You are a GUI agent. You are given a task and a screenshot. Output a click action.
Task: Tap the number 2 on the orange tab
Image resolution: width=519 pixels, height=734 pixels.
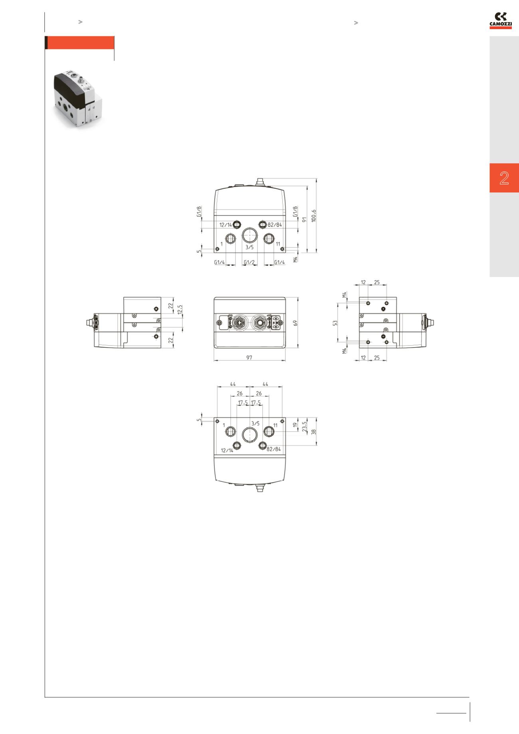tap(504, 178)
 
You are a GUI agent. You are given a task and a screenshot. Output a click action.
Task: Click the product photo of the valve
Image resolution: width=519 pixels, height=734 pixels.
tap(76, 99)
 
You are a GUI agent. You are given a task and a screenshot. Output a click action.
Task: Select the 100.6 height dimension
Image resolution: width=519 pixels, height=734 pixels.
tap(314, 216)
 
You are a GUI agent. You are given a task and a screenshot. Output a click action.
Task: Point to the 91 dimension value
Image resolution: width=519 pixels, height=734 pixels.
tap(304, 219)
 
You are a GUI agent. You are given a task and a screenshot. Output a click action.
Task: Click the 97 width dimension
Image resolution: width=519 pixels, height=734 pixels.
tap(249, 358)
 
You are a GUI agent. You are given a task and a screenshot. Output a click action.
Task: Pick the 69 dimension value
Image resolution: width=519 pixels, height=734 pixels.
tap(296, 322)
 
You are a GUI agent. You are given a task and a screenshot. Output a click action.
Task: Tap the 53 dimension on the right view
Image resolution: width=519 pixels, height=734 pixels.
tap(335, 322)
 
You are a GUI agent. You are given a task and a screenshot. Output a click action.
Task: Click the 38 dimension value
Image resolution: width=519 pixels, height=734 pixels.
tap(314, 431)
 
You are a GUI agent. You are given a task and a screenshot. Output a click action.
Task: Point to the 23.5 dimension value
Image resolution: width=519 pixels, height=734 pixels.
tap(304, 427)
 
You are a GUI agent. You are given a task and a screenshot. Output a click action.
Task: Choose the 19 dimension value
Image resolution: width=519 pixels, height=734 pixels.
tap(296, 425)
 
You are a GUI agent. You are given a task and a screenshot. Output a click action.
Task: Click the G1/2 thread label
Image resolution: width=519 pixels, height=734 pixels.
tap(249, 262)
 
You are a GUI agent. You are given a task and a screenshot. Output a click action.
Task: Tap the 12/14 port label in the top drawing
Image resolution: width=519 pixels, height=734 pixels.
tap(226, 225)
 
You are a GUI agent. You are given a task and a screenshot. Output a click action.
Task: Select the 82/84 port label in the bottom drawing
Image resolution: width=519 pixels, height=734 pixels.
tap(273, 449)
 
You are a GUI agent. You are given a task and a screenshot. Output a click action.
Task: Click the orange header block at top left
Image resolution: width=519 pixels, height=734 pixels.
tap(80, 43)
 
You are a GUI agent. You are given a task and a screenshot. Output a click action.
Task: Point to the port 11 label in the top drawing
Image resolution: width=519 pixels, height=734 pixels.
tap(278, 244)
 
